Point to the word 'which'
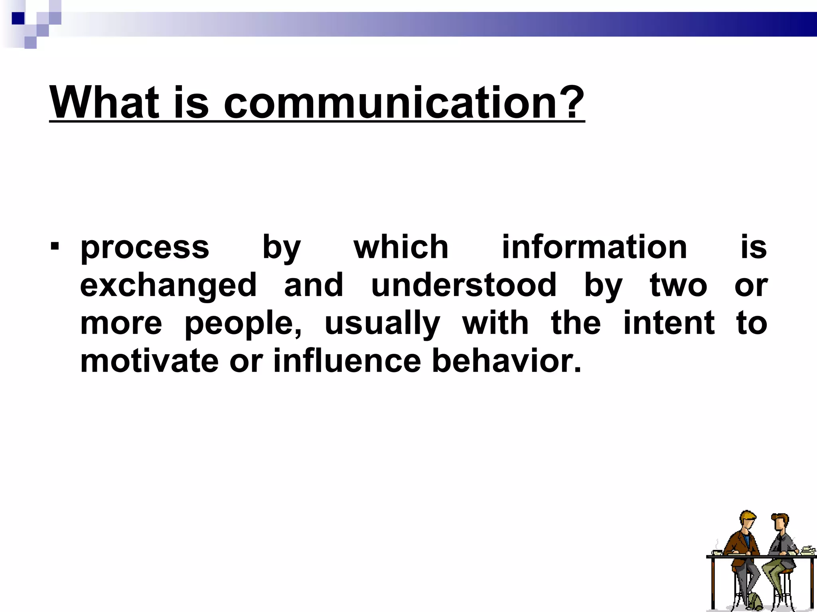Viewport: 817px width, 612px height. coord(401,247)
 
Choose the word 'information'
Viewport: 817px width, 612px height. coord(594,247)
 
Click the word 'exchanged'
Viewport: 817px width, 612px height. coord(168,286)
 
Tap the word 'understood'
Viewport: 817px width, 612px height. coord(464,285)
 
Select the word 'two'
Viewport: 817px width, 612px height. coord(679,286)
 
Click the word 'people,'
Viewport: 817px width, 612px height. coord(243,324)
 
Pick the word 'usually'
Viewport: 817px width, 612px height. coord(382,324)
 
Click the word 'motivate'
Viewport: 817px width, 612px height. coord(149,361)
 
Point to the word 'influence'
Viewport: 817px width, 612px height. coord(347,361)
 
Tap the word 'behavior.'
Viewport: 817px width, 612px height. coord(507,361)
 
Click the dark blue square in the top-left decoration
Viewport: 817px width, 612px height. coord(18,18)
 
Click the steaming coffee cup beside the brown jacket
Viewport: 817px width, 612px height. coord(717,551)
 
